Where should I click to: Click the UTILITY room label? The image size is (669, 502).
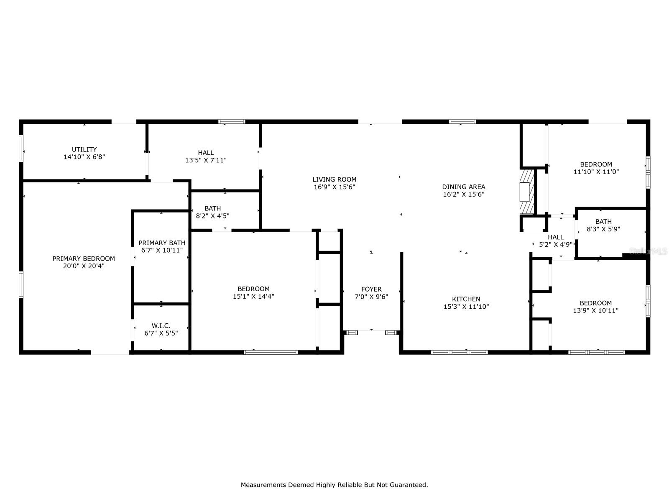[84, 149]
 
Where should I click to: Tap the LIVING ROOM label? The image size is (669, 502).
[334, 179]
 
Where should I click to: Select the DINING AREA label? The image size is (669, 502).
[464, 187]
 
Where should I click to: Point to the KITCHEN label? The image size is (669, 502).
[466, 299]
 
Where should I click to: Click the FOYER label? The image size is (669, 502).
[371, 289]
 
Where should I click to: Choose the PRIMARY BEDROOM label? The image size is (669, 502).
[84, 259]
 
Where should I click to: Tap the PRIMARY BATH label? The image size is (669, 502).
[162, 243]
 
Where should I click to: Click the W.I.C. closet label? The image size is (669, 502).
[161, 326]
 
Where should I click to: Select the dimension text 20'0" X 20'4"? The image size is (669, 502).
[84, 266]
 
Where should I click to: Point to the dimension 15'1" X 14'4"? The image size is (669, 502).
[253, 296]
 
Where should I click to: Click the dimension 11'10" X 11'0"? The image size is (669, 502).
[596, 172]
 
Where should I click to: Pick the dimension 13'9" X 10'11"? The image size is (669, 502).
[595, 310]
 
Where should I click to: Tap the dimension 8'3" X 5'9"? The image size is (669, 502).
[603, 229]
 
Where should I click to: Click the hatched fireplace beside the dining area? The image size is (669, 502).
[527, 192]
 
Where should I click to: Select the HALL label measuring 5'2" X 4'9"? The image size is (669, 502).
[556, 237]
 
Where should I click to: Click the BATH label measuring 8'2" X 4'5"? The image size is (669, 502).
[212, 208]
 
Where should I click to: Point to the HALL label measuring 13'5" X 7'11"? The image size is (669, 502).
[206, 153]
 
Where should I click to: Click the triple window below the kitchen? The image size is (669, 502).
[459, 352]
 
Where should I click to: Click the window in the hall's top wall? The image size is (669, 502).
[232, 122]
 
